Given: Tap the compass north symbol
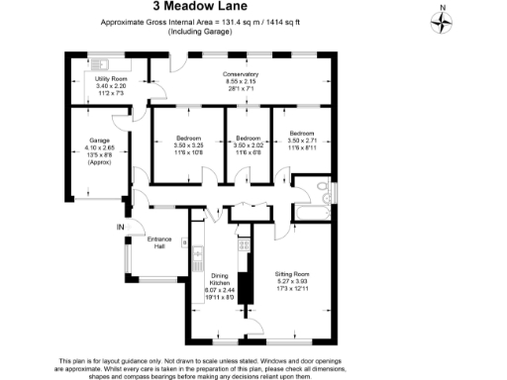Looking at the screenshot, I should [442, 20].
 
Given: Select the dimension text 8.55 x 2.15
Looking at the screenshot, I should [241, 81].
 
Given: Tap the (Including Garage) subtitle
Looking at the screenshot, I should [200, 32].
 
